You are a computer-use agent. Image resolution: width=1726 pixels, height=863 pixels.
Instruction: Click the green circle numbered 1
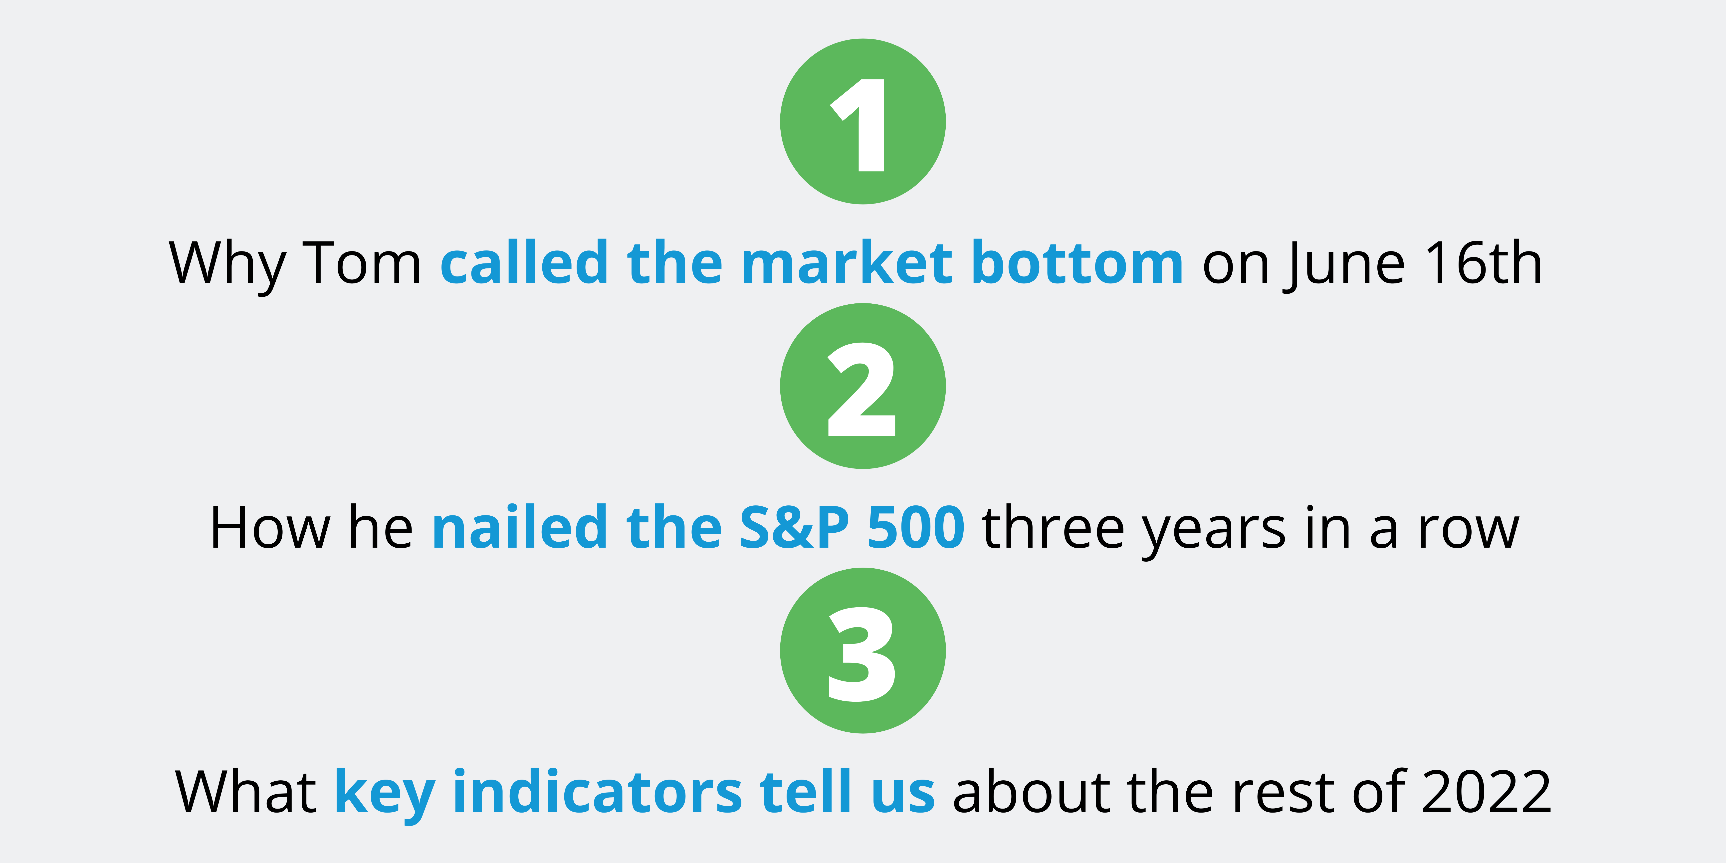[x=863, y=121]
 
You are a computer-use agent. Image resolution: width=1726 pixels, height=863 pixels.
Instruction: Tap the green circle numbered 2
[x=863, y=386]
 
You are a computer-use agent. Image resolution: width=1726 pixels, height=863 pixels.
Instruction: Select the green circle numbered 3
[x=863, y=650]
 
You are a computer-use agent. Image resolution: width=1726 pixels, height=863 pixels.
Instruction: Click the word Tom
[x=363, y=263]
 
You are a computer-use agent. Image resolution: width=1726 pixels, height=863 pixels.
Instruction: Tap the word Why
[x=227, y=267]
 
